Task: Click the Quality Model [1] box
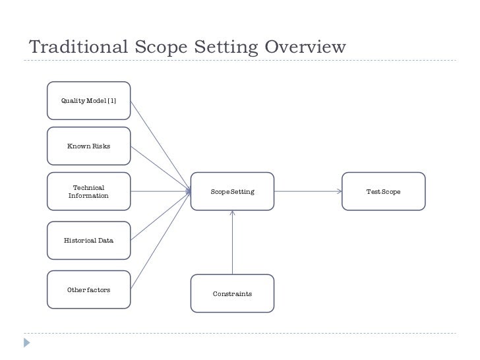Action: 88,100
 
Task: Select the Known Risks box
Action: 88,146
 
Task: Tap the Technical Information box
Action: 88,192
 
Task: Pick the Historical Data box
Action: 88,241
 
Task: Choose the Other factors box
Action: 88,290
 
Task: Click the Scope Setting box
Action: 232,192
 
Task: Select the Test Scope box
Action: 383,192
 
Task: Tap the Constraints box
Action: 232,293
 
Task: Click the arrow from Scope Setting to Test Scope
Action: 307,192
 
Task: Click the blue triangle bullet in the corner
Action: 26,342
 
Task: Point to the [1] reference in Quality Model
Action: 111,100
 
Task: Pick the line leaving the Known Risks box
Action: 158,168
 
